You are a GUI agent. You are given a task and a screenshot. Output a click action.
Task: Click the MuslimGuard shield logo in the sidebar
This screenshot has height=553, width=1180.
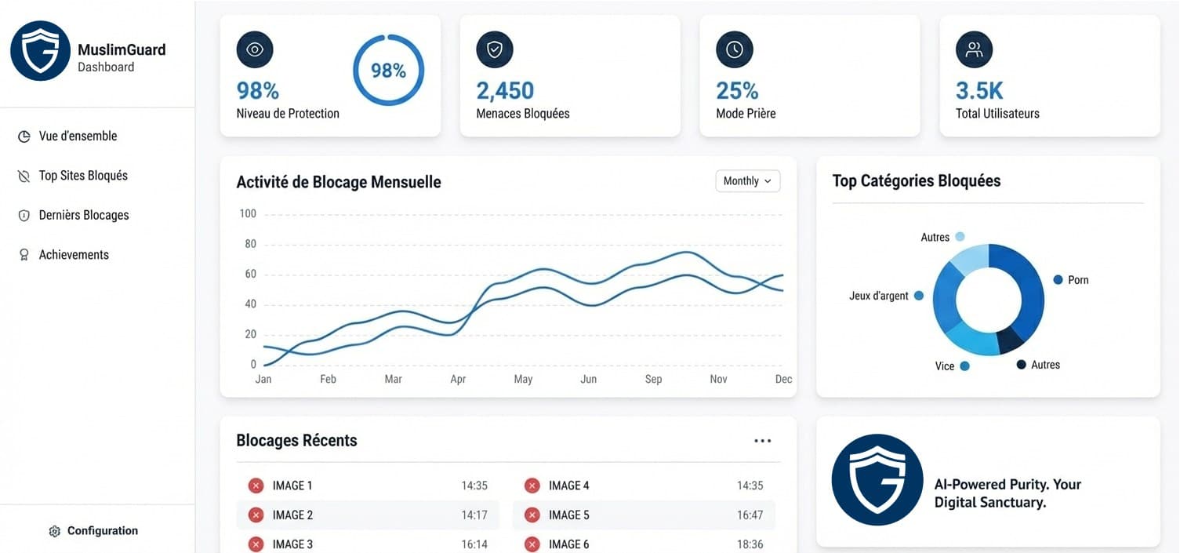(x=40, y=51)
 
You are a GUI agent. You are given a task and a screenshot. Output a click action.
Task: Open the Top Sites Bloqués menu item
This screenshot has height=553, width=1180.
(x=83, y=176)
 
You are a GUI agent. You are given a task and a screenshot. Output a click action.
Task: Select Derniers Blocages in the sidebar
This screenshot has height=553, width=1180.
(x=83, y=215)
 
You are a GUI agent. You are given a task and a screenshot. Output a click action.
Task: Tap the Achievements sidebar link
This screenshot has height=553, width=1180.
(x=74, y=255)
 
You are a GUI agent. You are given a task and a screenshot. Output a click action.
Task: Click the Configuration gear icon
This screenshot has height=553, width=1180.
(x=54, y=531)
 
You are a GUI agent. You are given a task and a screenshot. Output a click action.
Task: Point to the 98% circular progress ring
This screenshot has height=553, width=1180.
(x=388, y=71)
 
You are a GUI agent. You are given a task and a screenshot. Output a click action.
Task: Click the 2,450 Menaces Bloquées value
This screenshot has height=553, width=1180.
(x=505, y=91)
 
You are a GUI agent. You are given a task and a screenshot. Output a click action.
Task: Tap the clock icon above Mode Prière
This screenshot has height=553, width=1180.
(x=734, y=50)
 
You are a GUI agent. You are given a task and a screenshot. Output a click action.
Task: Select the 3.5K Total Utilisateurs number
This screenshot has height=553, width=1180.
(x=979, y=91)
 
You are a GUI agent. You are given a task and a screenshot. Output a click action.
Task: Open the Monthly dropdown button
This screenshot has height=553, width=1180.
(x=747, y=181)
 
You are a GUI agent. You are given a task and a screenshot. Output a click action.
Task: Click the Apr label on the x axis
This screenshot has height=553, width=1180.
(x=458, y=379)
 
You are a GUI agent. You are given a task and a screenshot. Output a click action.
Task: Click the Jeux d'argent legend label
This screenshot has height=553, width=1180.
(x=879, y=296)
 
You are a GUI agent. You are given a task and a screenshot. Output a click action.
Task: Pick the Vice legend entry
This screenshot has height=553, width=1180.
(x=945, y=366)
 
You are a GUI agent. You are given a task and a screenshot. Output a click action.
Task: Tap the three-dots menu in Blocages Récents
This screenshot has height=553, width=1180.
(x=762, y=441)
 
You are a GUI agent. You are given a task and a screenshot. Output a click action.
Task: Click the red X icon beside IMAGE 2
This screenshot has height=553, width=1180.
(x=256, y=515)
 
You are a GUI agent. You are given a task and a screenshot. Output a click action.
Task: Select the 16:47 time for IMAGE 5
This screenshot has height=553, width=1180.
(x=750, y=515)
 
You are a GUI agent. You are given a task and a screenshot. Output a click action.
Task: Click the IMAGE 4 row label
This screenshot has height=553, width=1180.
(x=568, y=486)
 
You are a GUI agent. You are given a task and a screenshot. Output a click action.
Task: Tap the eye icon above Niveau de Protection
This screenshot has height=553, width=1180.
(x=255, y=50)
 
